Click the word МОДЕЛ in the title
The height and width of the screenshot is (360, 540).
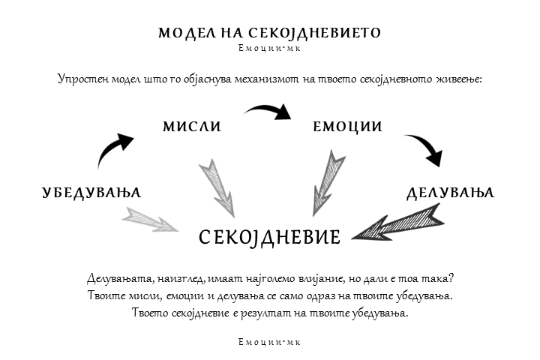184,33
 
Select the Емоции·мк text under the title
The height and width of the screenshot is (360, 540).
269,49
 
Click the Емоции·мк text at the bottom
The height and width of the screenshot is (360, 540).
269,342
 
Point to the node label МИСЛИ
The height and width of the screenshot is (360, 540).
192,127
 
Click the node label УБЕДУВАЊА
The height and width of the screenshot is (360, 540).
91,193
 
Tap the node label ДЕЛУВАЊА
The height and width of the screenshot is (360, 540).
450,193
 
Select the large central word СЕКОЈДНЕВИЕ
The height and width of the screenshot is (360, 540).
269,237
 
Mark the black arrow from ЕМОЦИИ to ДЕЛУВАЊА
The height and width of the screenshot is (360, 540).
426,150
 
